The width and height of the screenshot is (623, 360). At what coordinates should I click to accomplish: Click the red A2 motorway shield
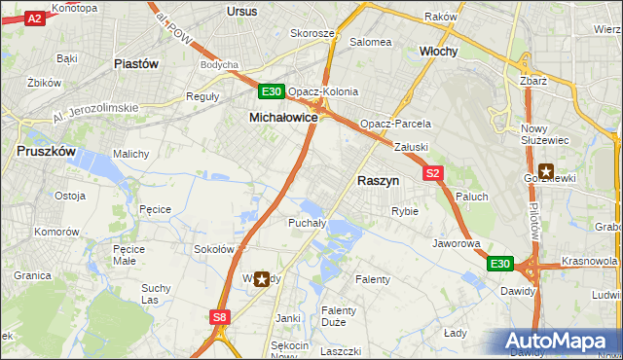pyautogui.click(x=35, y=18)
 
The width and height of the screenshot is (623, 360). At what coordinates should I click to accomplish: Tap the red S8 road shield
pyautogui.click(x=221, y=316)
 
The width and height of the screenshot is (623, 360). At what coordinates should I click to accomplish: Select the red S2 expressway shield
pyautogui.click(x=434, y=173)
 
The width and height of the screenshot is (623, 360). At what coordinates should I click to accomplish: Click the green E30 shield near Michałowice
pyautogui.click(x=272, y=92)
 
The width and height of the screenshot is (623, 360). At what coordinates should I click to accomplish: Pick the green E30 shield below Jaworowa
pyautogui.click(x=499, y=264)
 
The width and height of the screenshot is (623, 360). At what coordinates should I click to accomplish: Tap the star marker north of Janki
pyautogui.click(x=262, y=279)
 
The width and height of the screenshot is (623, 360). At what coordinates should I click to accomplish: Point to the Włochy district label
pyautogui.click(x=438, y=51)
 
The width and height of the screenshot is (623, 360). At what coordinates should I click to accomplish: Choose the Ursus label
pyautogui.click(x=240, y=11)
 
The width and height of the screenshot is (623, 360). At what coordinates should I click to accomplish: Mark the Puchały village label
pyautogui.click(x=285, y=223)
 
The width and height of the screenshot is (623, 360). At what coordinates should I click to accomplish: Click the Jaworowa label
pyautogui.click(x=457, y=243)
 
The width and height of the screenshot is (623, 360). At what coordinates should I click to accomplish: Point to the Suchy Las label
pyautogui.click(x=157, y=294)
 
